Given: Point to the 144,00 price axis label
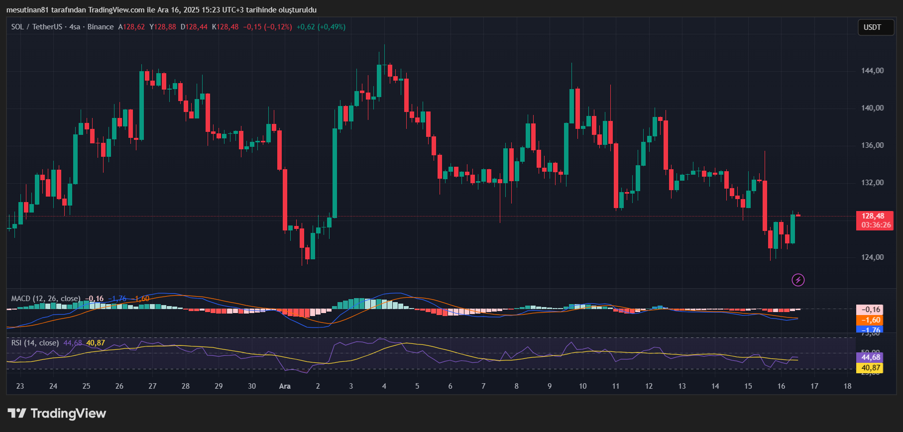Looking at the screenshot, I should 872,71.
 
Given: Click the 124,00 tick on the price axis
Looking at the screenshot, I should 872,257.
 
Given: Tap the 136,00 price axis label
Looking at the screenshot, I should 872,145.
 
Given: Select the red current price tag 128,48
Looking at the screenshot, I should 875,220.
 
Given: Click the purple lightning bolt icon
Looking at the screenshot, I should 798,280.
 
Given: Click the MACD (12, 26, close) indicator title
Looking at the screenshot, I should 46,299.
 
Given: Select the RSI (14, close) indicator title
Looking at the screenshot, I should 35,343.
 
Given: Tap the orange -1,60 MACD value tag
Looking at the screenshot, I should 869,320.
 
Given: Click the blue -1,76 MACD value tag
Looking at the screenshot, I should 869,329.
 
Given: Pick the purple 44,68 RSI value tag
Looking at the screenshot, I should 869,357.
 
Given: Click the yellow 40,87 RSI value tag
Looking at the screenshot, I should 869,368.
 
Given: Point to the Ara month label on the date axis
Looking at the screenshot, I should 285,386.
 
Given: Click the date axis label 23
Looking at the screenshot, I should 20,386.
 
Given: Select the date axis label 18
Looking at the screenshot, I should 847,386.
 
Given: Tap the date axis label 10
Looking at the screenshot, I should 582,386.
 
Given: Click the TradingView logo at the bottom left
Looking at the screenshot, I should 57,413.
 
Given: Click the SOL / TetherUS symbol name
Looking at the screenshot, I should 37,27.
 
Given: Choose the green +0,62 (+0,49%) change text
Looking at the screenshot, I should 321,27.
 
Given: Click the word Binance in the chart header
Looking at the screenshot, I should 101,27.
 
